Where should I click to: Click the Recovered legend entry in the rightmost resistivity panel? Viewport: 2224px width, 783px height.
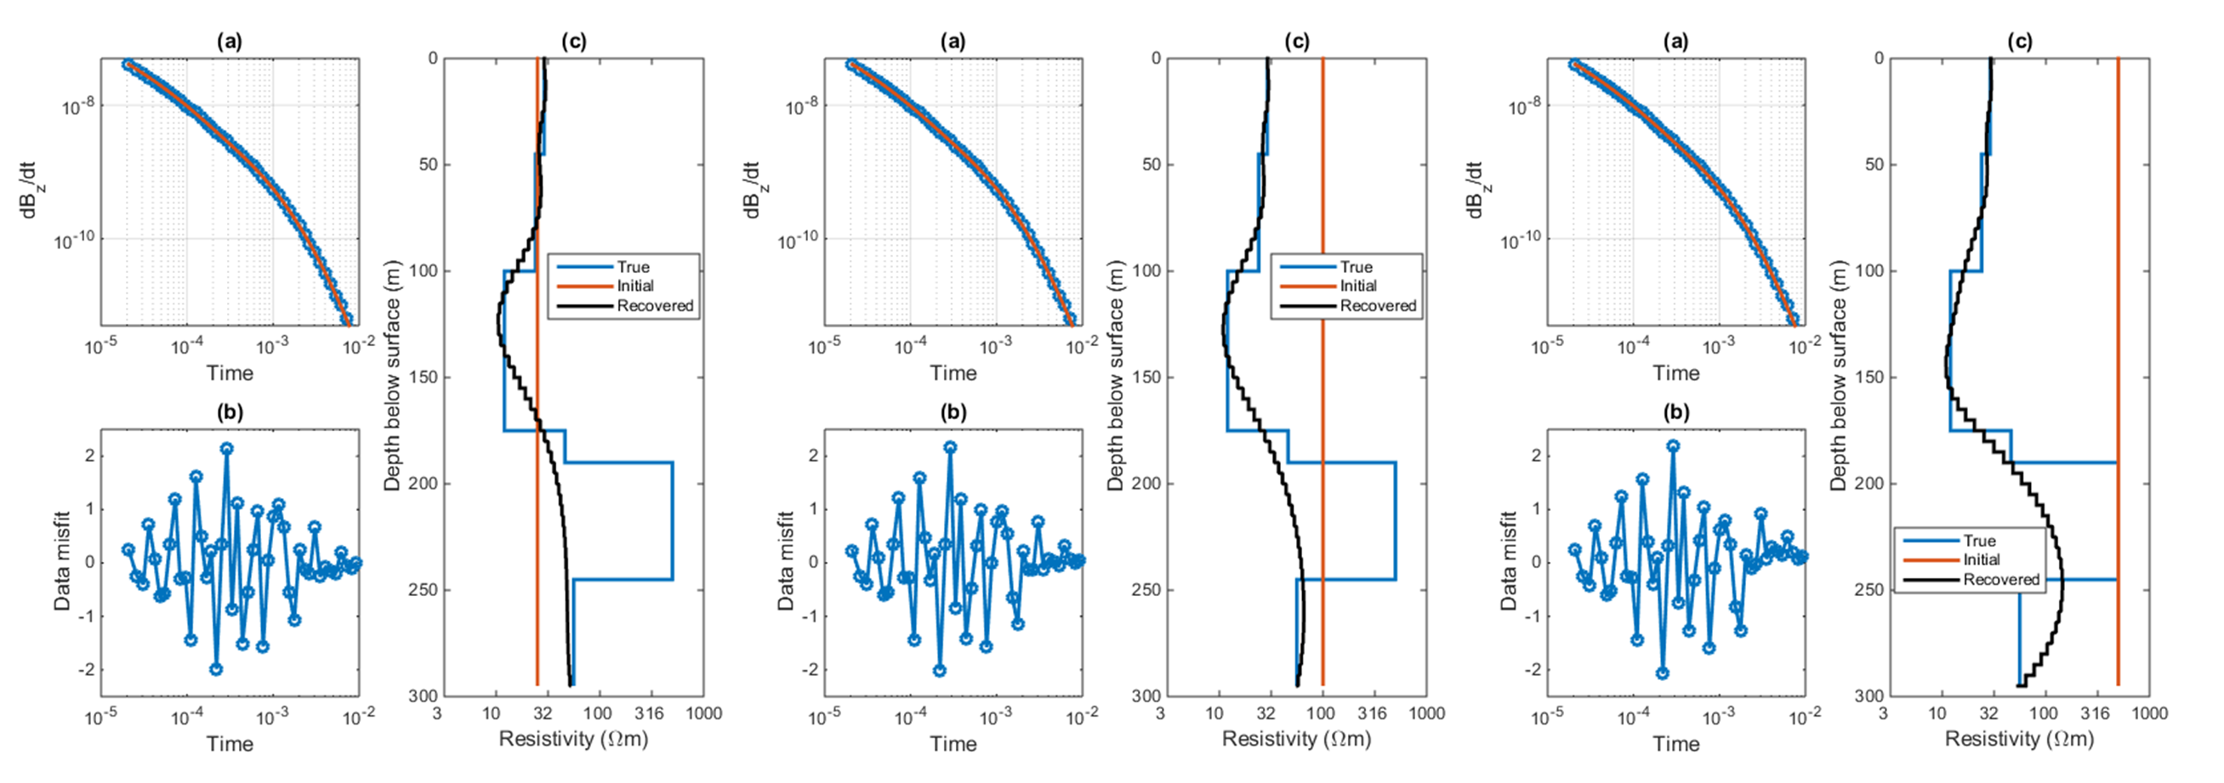pos(2000,579)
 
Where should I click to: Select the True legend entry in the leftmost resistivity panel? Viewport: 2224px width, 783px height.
pos(633,267)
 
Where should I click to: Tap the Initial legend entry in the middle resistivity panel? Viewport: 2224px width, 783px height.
pos(1359,286)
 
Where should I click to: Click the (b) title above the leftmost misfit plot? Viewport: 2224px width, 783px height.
pos(230,412)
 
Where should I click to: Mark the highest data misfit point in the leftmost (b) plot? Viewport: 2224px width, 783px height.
pos(226,449)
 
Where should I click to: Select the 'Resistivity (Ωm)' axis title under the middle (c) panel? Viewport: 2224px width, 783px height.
pos(1297,739)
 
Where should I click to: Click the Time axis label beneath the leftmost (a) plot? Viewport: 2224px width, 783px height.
pos(230,373)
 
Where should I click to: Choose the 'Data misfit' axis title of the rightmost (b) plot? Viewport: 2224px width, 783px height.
pos(1508,561)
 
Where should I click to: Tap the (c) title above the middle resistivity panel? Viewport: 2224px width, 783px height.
pos(1297,42)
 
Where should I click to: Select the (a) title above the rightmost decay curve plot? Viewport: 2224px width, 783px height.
pos(1675,42)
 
